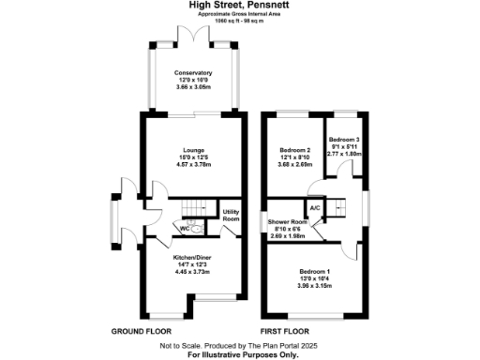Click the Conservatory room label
pyautogui.click(x=192, y=73)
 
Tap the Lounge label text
pyautogui.click(x=192, y=148)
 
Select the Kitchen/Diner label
pyautogui.click(x=191, y=256)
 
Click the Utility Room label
pyautogui.click(x=231, y=215)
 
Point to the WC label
pyautogui.click(x=185, y=228)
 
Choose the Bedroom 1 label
pyautogui.click(x=314, y=273)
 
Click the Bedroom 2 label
pyautogui.click(x=295, y=149)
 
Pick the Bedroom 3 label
pyautogui.click(x=343, y=139)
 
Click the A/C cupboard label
pyautogui.click(x=315, y=208)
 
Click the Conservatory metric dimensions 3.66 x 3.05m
pyautogui.click(x=192, y=86)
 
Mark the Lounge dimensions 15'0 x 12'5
pyautogui.click(x=192, y=156)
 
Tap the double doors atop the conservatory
pyautogui.click(x=191, y=34)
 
